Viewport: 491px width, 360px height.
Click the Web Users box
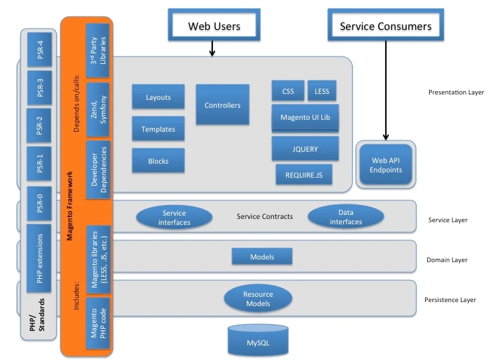pos(214,26)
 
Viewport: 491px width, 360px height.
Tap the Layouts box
pos(158,97)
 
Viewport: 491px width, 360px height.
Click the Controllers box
pos(222,105)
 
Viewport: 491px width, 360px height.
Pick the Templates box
pos(158,129)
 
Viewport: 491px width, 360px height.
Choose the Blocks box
pos(158,161)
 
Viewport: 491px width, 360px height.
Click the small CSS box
pos(288,90)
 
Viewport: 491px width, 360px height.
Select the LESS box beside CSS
pos(322,90)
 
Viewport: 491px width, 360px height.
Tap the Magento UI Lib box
pos(305,117)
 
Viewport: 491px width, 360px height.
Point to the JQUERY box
pos(305,149)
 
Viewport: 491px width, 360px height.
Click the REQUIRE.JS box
pos(304,175)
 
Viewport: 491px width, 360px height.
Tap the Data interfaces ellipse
pos(346,217)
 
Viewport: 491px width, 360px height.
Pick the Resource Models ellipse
pos(257,299)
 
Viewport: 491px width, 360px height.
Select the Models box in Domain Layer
pos(261,257)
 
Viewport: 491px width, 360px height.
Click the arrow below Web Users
pos(212,49)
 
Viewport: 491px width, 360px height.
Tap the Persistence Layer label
pos(450,300)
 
